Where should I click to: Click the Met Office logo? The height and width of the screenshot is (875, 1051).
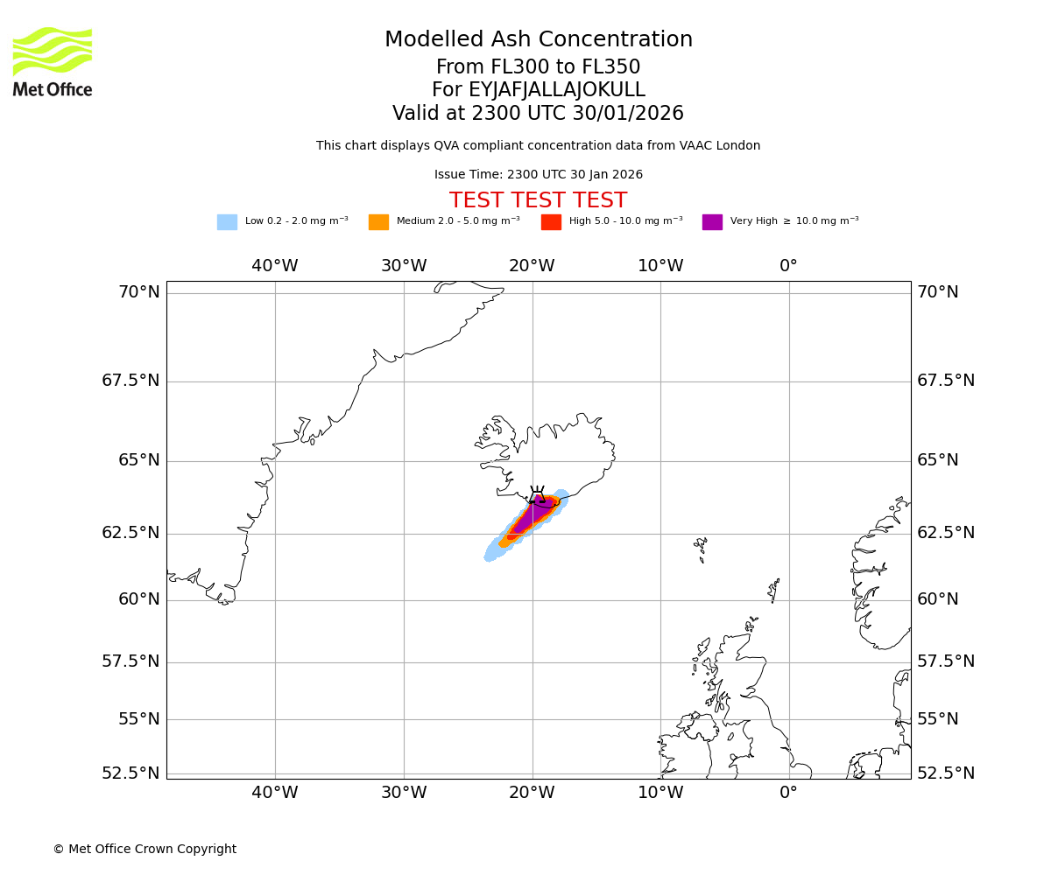click(53, 61)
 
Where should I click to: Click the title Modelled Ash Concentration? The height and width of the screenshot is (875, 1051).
click(538, 40)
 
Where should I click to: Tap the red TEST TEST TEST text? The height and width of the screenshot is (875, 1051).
click(538, 201)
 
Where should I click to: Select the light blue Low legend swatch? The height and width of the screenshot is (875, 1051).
click(227, 222)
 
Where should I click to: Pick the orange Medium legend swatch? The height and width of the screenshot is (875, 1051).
click(378, 222)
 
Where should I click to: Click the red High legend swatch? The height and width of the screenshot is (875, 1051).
click(551, 222)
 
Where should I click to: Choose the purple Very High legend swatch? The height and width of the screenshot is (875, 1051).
click(712, 222)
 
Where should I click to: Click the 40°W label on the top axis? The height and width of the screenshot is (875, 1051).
click(275, 266)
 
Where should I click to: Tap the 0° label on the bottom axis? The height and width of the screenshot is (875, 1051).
click(788, 793)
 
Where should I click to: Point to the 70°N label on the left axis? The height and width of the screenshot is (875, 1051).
click(139, 292)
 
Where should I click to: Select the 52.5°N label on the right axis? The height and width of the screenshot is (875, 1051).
click(946, 773)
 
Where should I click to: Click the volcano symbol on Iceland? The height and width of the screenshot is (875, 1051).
click(537, 495)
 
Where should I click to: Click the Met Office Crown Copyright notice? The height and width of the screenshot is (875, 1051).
click(145, 850)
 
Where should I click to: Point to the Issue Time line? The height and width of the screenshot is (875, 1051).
click(538, 175)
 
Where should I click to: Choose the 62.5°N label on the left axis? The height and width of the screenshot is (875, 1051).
click(131, 533)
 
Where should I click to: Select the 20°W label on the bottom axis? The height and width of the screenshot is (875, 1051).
click(532, 793)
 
